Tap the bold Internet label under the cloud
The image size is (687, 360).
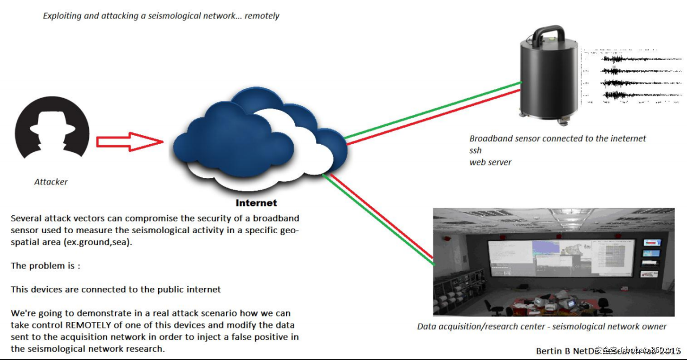pos(256,203)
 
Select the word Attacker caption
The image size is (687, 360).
pos(51,182)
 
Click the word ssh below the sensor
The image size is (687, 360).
pos(475,150)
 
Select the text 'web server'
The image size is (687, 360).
pos(490,162)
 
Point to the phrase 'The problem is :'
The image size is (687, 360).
pos(46,266)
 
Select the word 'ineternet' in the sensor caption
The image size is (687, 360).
pos(627,139)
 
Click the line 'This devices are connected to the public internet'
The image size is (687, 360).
pos(115,290)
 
